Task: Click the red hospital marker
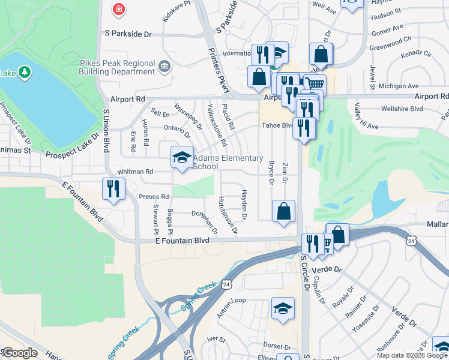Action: (119, 9)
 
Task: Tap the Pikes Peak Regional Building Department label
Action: (117, 67)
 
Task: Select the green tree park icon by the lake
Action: (25, 73)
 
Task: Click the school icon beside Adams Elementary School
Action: (182, 158)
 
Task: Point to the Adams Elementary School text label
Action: (228, 163)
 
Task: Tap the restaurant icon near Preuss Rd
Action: (113, 190)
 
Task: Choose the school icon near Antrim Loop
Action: (283, 309)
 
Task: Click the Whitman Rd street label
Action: (136, 172)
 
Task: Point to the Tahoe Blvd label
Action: (276, 125)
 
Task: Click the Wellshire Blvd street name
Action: (402, 109)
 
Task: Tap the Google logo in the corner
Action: (19, 353)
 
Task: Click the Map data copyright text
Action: (412, 355)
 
